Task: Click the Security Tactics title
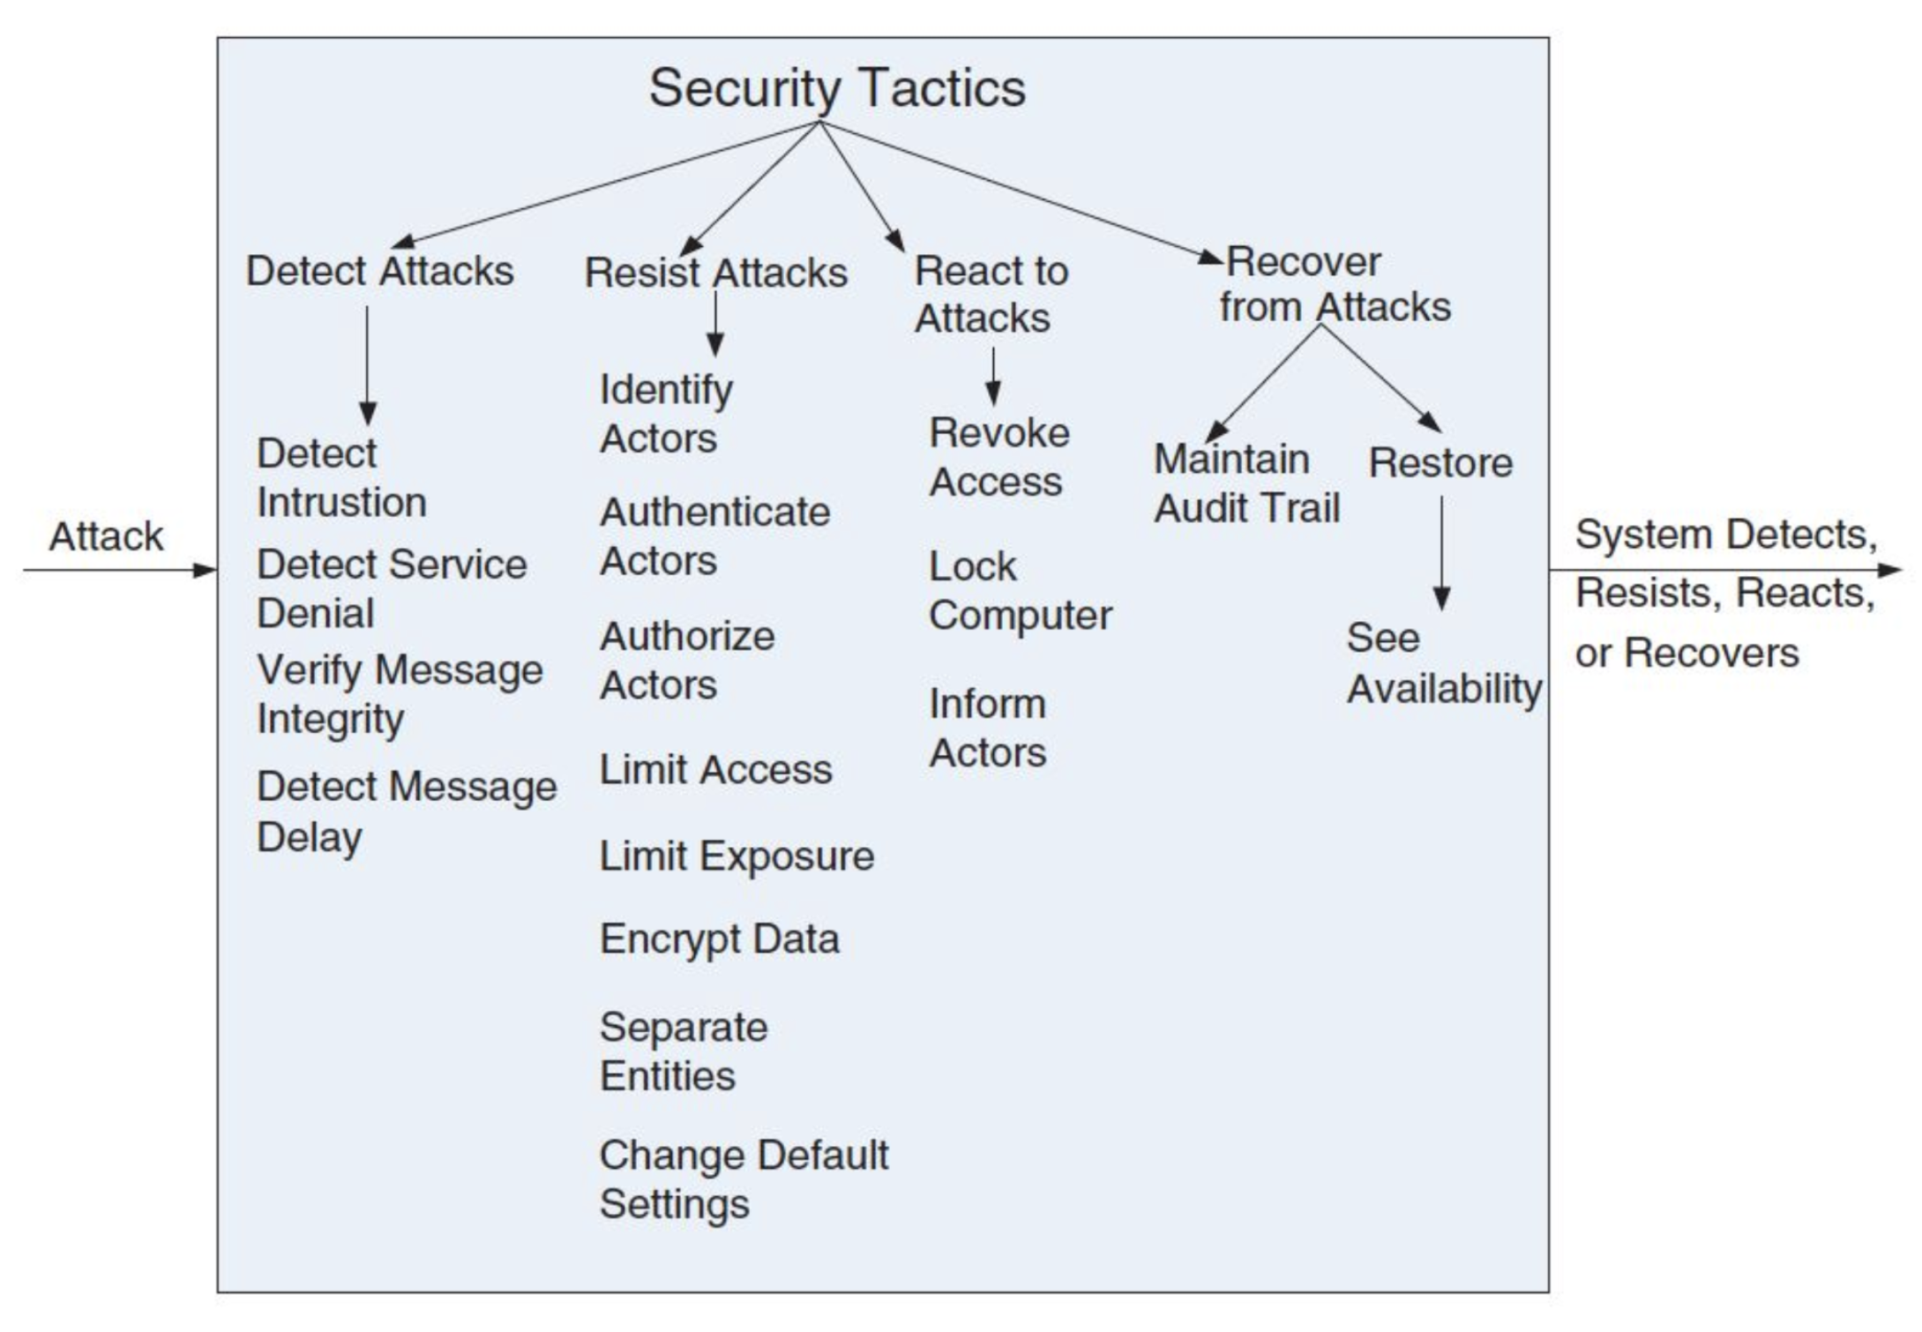pos(837,89)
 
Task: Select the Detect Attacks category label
pos(379,271)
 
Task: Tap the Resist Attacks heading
pos(715,273)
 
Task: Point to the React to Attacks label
pos(991,294)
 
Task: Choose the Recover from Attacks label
pos(1335,284)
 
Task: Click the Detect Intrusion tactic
pos(341,478)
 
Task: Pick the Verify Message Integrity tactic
pos(400,694)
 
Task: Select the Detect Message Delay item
pos(407,812)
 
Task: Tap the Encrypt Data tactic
pos(719,939)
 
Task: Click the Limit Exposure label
pos(737,856)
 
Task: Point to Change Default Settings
pos(744,1179)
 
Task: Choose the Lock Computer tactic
pos(1020,591)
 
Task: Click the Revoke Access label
pos(998,457)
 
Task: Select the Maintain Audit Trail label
pos(1246,483)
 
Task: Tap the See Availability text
pos(1444,663)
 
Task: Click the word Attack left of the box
pos(106,536)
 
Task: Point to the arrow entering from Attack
pos(120,570)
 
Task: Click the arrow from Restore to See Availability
pos(1442,553)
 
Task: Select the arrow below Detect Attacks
pos(368,366)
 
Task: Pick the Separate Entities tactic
pos(684,1051)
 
